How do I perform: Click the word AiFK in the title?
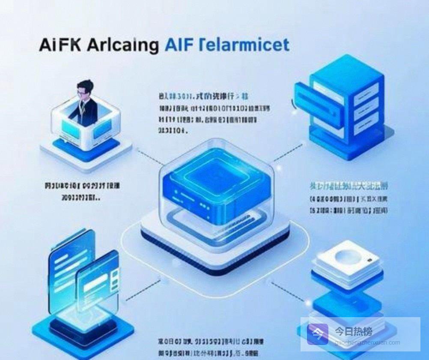60,45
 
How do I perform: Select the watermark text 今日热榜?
353,331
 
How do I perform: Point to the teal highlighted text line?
349,186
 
